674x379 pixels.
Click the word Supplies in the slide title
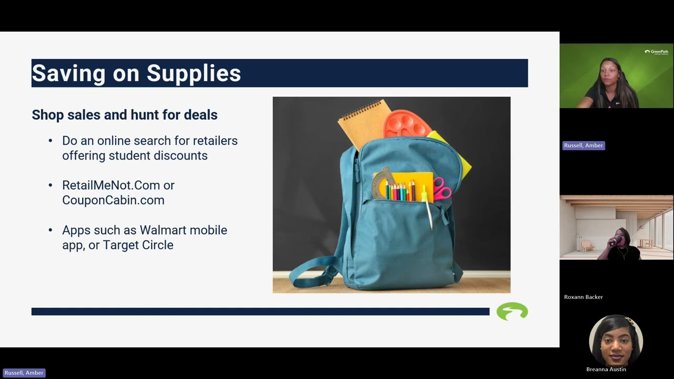click(194, 73)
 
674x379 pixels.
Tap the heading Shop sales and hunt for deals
click(124, 115)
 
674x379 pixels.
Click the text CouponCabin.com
click(113, 200)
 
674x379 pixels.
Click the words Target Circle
click(138, 245)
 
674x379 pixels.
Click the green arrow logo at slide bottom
click(512, 311)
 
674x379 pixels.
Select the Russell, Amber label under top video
click(583, 145)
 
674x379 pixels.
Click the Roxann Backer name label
click(583, 297)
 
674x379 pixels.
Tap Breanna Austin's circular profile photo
click(616, 340)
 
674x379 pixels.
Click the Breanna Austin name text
click(606, 370)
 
